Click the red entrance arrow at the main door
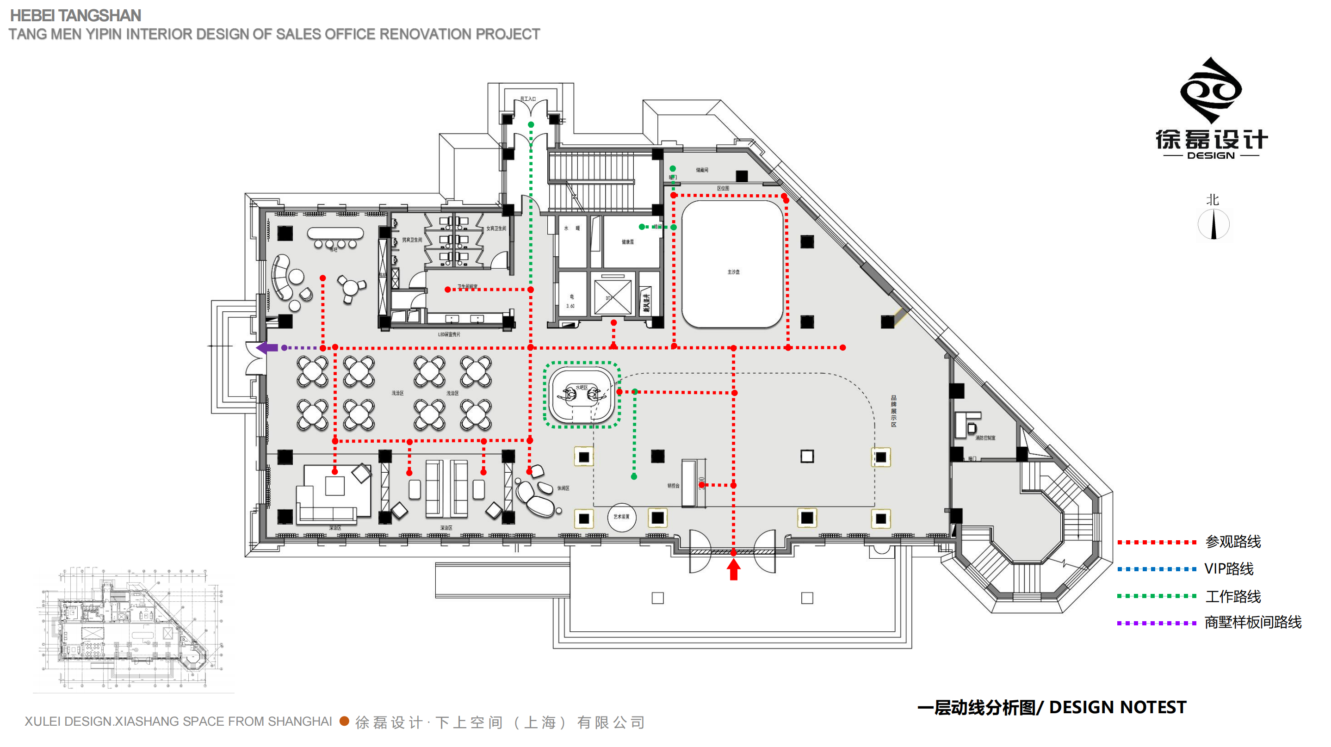[x=733, y=570]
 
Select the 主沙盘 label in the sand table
[x=733, y=272]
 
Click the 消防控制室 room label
[x=985, y=438]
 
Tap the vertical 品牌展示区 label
[x=893, y=411]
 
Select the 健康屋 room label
[x=627, y=242]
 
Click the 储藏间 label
[x=702, y=170]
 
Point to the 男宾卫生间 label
[x=412, y=240]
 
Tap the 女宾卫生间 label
[x=496, y=228]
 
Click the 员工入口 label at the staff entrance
[x=527, y=99]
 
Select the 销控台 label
[x=673, y=486]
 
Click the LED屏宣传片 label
[x=449, y=334]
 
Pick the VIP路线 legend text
[x=1229, y=569]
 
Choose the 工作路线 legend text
[x=1233, y=597]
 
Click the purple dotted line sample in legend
[x=1157, y=623]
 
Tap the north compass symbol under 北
[x=1213, y=225]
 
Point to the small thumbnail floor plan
[x=133, y=629]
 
